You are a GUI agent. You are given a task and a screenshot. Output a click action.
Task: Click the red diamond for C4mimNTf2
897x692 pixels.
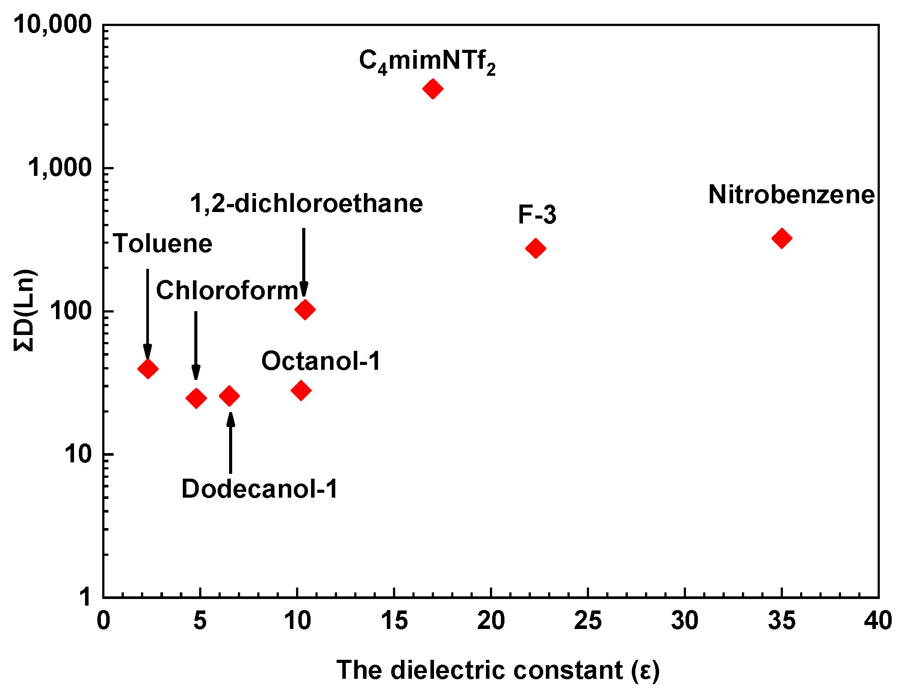pyautogui.click(x=432, y=89)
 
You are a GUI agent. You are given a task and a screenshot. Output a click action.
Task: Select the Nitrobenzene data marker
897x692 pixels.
pyautogui.click(x=782, y=238)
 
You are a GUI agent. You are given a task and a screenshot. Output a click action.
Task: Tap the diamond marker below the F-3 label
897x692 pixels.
pyautogui.click(x=535, y=249)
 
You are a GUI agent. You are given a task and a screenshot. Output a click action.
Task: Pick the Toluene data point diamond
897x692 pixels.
pyautogui.click(x=148, y=369)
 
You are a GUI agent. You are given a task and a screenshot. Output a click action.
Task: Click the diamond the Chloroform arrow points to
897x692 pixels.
pyautogui.click(x=196, y=398)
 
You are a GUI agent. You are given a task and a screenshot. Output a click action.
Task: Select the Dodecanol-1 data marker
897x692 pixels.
pyautogui.click(x=229, y=396)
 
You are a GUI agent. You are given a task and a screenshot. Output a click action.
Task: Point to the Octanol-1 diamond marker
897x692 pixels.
pyautogui.click(x=301, y=390)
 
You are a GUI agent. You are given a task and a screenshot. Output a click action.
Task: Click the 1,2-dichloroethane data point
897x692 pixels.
pyautogui.click(x=304, y=309)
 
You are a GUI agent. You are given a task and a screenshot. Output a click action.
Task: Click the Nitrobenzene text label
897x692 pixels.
pyautogui.click(x=791, y=194)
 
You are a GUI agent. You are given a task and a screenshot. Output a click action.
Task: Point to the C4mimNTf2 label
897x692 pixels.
pyautogui.click(x=427, y=62)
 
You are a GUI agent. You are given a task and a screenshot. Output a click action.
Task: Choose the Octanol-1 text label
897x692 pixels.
pyautogui.click(x=321, y=361)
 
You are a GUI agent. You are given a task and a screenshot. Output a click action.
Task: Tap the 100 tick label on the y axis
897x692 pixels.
pyautogui.click(x=70, y=311)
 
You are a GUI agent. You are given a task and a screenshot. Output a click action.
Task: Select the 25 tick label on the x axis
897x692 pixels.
pyautogui.click(x=588, y=621)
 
